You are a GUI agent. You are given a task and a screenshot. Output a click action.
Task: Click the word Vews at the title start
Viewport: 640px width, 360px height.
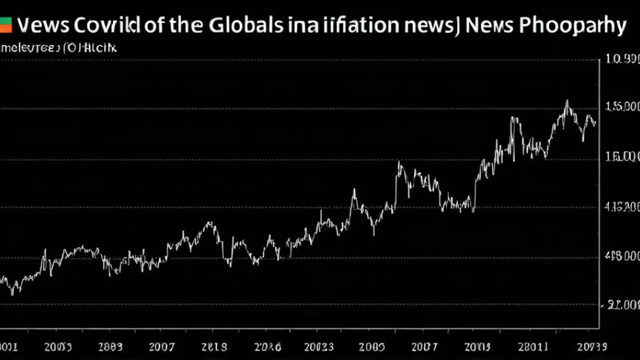(41, 26)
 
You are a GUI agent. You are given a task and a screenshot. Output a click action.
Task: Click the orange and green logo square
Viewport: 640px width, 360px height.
(6, 25)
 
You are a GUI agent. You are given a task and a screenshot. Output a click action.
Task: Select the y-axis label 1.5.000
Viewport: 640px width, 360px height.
(622, 107)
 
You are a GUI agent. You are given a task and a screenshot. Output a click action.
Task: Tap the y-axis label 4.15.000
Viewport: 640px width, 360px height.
(622, 207)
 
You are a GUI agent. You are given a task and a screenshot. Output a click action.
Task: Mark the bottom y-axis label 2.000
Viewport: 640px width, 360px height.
(622, 305)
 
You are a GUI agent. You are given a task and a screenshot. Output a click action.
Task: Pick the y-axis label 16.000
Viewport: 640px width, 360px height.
(622, 157)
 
